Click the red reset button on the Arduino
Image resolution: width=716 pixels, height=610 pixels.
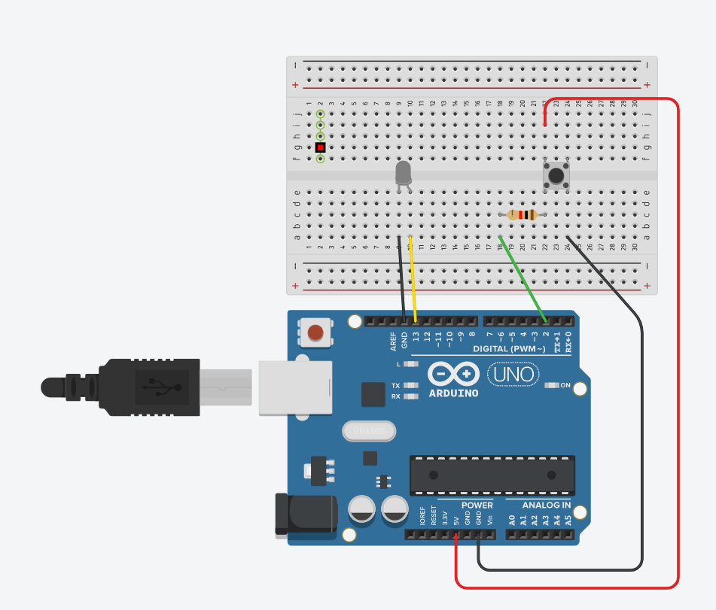(x=316, y=332)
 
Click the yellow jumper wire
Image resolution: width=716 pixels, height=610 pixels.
(x=413, y=278)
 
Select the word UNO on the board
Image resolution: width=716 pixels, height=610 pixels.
(x=514, y=374)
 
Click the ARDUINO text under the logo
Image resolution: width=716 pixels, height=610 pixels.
(x=453, y=393)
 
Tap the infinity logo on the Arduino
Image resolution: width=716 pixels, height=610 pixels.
(x=453, y=374)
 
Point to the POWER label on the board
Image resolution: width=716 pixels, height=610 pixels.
(x=477, y=505)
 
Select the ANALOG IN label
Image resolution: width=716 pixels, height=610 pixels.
(x=546, y=505)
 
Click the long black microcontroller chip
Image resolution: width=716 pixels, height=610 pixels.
(x=492, y=475)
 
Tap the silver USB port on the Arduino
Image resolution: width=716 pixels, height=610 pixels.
(x=295, y=387)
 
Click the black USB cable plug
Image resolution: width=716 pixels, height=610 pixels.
(x=151, y=387)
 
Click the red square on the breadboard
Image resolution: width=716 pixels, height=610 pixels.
(x=320, y=147)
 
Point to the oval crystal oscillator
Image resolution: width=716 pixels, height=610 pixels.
(x=369, y=431)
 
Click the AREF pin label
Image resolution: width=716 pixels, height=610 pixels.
(x=393, y=342)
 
